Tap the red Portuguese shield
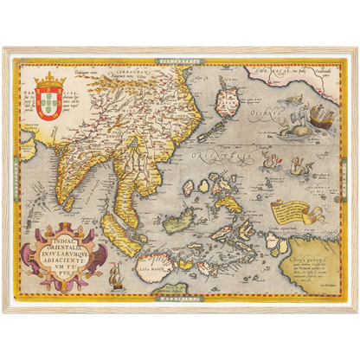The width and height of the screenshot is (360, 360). point(49,106)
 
